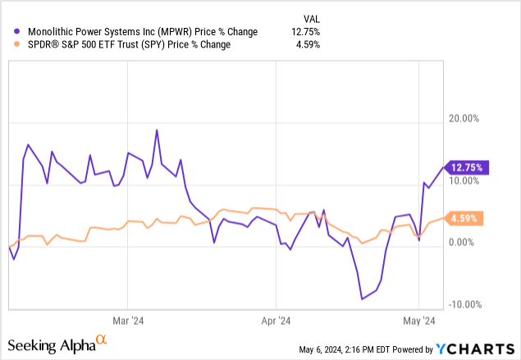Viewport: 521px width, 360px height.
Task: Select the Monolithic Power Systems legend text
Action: [139, 32]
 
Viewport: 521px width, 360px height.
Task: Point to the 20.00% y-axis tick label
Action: [459, 119]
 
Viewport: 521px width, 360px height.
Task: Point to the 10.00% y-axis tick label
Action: [459, 181]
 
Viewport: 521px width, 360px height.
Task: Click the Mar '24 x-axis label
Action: [128, 321]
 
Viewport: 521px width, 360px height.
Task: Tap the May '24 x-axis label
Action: [419, 321]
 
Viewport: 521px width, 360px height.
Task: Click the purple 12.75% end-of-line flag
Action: [467, 167]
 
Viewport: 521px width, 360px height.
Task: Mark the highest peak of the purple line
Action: [156, 130]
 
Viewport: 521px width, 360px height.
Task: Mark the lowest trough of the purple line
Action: [363, 298]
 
